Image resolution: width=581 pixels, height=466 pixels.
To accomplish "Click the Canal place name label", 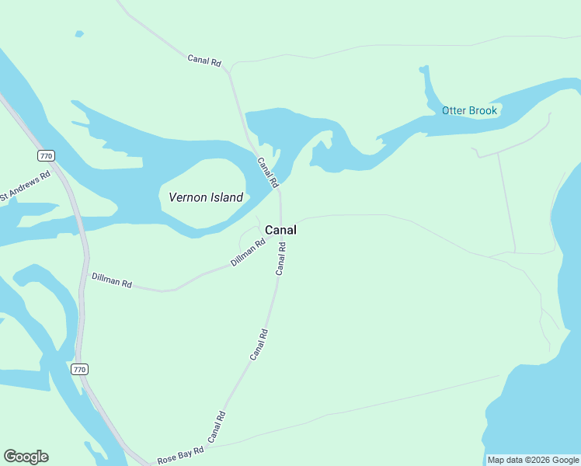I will [x=280, y=230].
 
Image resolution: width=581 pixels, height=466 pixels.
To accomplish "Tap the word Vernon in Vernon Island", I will [x=186, y=197].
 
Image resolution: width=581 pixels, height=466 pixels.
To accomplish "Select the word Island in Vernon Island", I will [x=224, y=197].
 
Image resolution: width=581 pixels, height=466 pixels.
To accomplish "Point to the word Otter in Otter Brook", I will [x=455, y=110].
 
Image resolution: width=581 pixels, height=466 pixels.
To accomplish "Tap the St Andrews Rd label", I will [x=25, y=186].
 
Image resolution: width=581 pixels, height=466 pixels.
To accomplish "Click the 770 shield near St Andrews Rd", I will [x=46, y=156].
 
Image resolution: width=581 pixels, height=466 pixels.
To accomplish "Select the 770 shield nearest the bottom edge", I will [x=79, y=369].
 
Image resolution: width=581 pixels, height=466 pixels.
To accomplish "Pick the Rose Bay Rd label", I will [x=180, y=455].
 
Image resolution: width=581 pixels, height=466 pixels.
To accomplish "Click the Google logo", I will [x=26, y=457].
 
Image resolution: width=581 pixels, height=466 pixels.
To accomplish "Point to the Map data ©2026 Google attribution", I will [x=533, y=460].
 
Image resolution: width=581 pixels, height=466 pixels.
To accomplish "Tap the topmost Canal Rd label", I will [x=204, y=59].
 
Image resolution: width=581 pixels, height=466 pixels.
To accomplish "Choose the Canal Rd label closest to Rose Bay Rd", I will [x=216, y=426].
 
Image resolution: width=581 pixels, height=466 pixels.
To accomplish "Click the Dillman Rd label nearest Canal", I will [x=248, y=252].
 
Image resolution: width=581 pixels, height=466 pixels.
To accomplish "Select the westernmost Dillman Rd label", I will [x=111, y=280].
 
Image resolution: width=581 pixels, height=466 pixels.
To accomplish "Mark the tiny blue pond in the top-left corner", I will [x=78, y=34].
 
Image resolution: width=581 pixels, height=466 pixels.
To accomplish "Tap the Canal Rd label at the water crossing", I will [x=267, y=172].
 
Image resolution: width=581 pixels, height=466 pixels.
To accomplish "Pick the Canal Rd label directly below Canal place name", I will [x=281, y=259].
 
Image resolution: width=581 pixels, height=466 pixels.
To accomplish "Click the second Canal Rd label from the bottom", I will [x=259, y=344].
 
